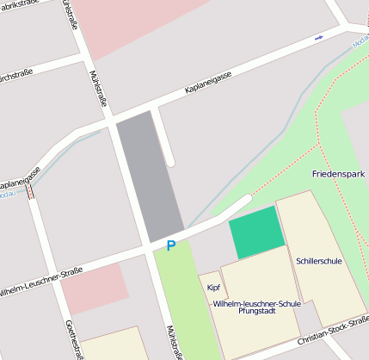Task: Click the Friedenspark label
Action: coord(338,174)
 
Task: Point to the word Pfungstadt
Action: coord(255,312)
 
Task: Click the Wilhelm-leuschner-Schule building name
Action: coord(255,303)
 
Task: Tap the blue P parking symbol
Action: coord(170,246)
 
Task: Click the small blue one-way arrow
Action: coord(318,37)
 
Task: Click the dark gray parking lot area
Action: coord(149,177)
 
